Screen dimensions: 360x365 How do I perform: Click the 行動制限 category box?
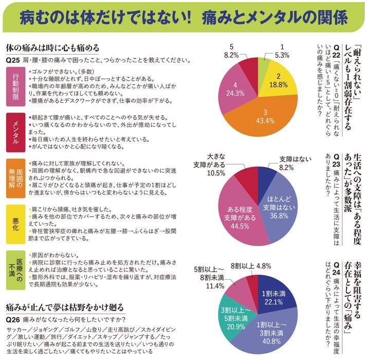coord(15,86)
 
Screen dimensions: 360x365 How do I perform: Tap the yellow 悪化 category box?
coord(15,218)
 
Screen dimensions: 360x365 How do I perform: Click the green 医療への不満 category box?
coord(15,265)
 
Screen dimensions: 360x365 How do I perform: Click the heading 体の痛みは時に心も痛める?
coord(52,48)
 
